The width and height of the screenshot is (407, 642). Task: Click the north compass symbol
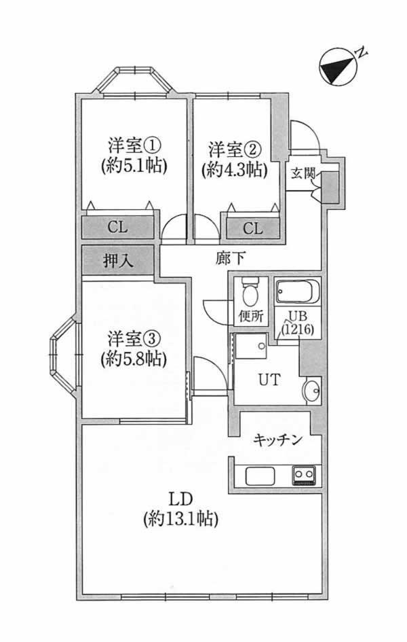(337, 68)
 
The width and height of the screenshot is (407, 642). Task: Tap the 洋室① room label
(134, 145)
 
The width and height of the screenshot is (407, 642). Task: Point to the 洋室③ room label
(134, 338)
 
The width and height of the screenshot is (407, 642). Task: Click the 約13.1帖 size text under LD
(180, 519)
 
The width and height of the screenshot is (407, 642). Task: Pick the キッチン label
(277, 440)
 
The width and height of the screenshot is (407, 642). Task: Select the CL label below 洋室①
(117, 228)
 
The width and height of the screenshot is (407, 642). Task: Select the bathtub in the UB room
(296, 293)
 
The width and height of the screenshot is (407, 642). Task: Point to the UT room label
(267, 380)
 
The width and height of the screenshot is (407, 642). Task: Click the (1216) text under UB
(298, 329)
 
